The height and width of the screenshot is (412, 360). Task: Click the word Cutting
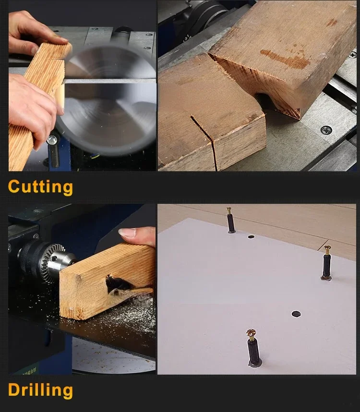coord(40,187)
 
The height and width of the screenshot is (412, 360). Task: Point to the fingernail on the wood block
coord(127,233)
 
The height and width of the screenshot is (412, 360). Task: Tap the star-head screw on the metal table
coord(326,129)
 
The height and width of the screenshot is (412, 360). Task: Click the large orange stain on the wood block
coord(285,59)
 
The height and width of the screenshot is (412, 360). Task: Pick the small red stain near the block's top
coord(332,22)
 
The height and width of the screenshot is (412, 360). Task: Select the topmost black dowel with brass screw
coord(230,220)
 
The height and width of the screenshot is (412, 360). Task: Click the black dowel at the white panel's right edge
coord(327,263)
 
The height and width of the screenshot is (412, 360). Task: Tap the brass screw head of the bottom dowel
coord(252,333)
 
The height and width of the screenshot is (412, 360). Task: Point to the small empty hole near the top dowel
coord(251,237)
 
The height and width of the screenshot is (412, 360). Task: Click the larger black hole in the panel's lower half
coord(296,314)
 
